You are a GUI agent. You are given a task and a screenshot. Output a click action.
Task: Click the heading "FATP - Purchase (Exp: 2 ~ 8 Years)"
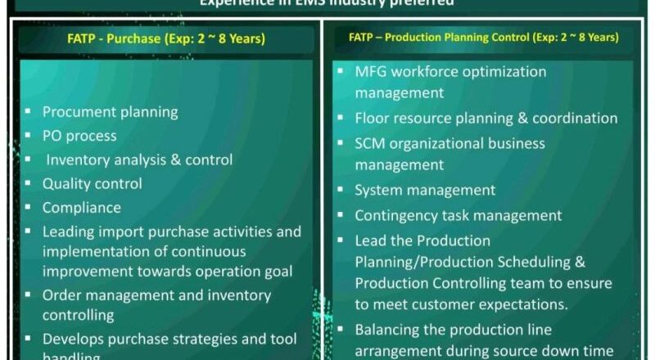166,38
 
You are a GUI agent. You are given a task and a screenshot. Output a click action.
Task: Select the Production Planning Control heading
483,38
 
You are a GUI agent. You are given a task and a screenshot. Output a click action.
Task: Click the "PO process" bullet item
79,136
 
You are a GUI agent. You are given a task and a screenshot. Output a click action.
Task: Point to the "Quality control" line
92,184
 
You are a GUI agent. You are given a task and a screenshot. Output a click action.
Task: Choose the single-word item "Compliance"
81,208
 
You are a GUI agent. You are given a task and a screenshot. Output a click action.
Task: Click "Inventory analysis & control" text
139,160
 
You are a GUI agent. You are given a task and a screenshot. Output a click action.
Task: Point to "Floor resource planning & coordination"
486,118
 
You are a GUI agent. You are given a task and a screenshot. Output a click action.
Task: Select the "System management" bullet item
424,190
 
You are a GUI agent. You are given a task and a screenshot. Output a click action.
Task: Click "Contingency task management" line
458,216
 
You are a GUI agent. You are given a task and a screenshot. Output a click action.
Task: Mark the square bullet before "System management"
340,191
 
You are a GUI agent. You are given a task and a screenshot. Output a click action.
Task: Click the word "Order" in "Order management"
62,295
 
